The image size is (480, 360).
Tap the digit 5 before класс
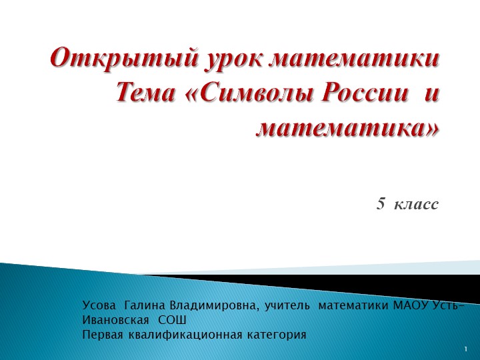click(x=381, y=203)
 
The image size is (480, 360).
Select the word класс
click(x=417, y=203)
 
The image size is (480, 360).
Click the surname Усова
click(x=99, y=306)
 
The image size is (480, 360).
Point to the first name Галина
click(x=146, y=306)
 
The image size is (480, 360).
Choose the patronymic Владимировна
click(x=214, y=306)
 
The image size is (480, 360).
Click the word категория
click(x=275, y=334)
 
